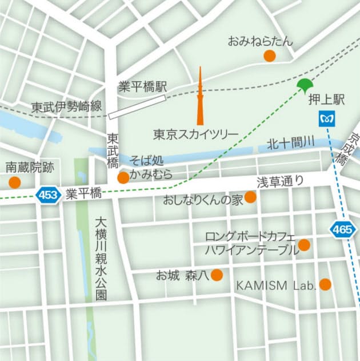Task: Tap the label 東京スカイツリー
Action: [x=195, y=134]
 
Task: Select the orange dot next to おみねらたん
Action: [x=269, y=55]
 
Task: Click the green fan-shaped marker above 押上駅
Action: [x=305, y=86]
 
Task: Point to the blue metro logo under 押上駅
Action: [x=325, y=118]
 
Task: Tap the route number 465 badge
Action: [x=342, y=230]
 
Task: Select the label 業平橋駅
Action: [x=142, y=86]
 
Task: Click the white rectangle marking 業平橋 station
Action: [x=137, y=106]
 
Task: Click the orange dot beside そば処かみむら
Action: [x=123, y=178]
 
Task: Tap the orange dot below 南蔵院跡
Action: [x=14, y=183]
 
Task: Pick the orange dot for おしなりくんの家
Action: [x=250, y=197]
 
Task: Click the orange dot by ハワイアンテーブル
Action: [x=304, y=245]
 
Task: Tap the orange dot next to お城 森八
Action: [x=217, y=276]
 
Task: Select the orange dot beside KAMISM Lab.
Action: [x=325, y=284]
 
